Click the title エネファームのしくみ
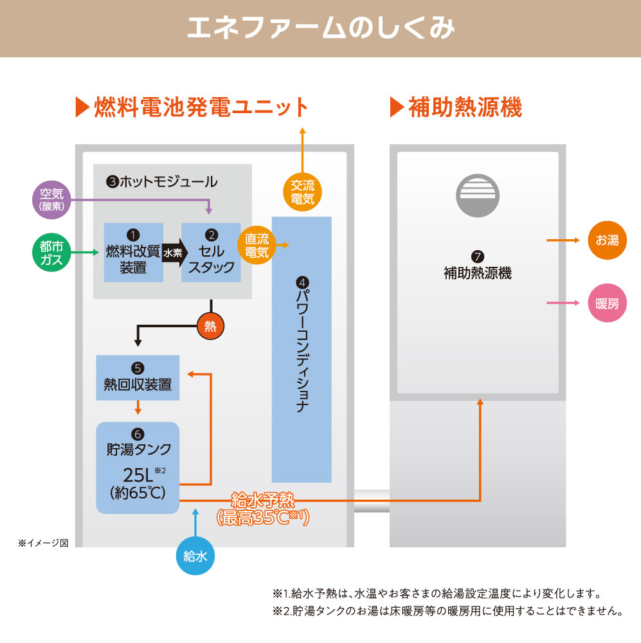point(320,29)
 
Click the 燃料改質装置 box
point(133,253)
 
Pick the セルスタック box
point(212,253)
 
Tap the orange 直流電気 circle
point(257,245)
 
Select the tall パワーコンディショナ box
point(302,349)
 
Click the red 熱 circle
point(210,327)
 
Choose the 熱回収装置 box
point(138,377)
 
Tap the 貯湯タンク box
point(138,467)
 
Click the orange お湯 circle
point(607,240)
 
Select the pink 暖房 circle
point(607,303)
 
